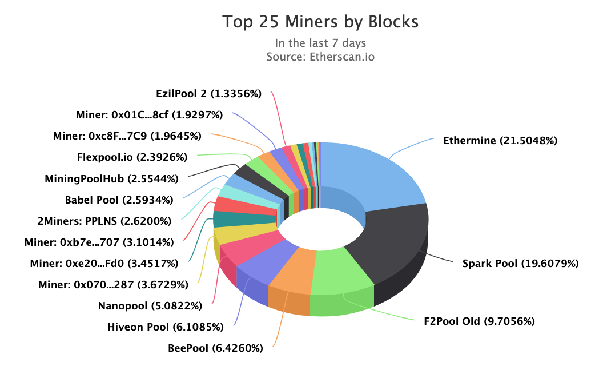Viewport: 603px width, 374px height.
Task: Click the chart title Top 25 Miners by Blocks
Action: (320, 22)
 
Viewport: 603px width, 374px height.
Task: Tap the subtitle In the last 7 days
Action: (320, 43)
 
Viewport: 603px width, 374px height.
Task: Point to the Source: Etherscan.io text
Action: (320, 57)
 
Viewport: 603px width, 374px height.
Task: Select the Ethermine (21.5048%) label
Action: (500, 140)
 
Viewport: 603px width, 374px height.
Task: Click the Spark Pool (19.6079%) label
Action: (521, 264)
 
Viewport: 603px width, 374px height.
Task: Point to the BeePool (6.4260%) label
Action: (215, 348)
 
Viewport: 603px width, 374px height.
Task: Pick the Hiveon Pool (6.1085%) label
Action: (165, 327)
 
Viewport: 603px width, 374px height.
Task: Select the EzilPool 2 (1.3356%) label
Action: (208, 94)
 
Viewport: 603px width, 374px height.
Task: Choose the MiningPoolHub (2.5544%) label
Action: (111, 178)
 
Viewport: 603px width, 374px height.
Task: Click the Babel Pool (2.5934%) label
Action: (121, 200)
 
